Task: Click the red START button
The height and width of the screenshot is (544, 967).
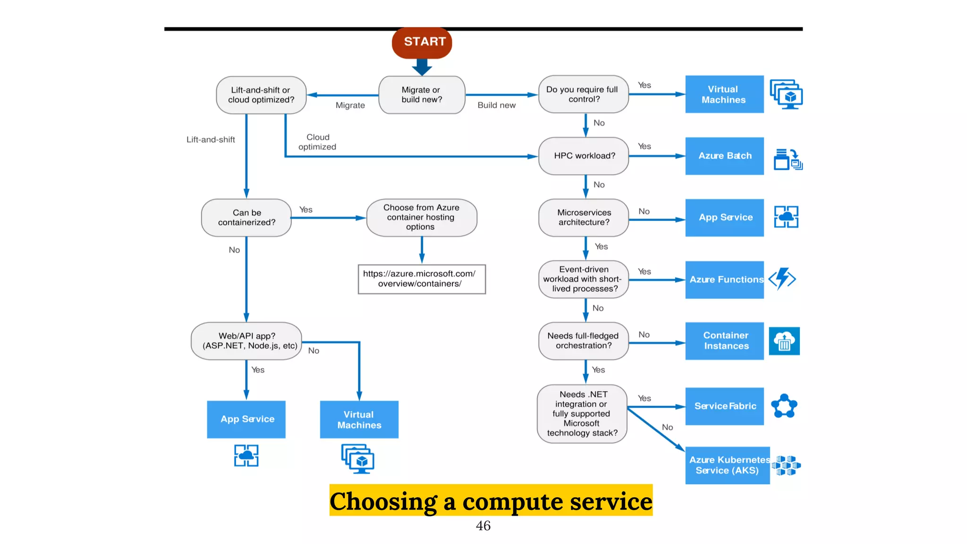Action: pyautogui.click(x=422, y=42)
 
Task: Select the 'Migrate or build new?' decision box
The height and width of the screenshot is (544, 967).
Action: pyautogui.click(x=422, y=95)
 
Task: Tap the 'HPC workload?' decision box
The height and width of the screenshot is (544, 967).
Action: pyautogui.click(x=584, y=156)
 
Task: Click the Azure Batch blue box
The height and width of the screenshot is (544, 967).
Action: pyautogui.click(x=724, y=156)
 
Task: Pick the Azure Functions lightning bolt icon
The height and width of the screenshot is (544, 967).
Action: pyautogui.click(x=782, y=279)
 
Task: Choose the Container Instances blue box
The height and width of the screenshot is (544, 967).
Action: pyautogui.click(x=724, y=341)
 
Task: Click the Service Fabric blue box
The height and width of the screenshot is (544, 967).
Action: pyautogui.click(x=724, y=406)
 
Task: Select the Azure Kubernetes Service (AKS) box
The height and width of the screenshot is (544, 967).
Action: pyautogui.click(x=727, y=465)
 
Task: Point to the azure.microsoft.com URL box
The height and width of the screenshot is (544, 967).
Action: pyautogui.click(x=421, y=279)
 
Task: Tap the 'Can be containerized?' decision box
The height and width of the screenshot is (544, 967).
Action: pyautogui.click(x=246, y=218)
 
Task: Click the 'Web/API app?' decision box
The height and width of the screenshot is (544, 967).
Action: pyautogui.click(x=246, y=341)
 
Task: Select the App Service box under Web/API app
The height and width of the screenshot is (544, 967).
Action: pyautogui.click(x=246, y=419)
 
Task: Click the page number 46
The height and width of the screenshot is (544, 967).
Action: pyautogui.click(x=483, y=526)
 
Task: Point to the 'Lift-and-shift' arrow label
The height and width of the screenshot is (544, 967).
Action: pyautogui.click(x=211, y=140)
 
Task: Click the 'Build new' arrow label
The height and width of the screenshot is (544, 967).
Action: pyautogui.click(x=496, y=105)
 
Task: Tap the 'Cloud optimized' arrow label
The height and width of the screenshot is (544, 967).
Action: pyautogui.click(x=317, y=142)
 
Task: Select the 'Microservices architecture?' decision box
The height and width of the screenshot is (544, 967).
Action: pyautogui.click(x=584, y=218)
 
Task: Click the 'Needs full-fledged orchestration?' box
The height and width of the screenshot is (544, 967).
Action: pyautogui.click(x=584, y=341)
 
